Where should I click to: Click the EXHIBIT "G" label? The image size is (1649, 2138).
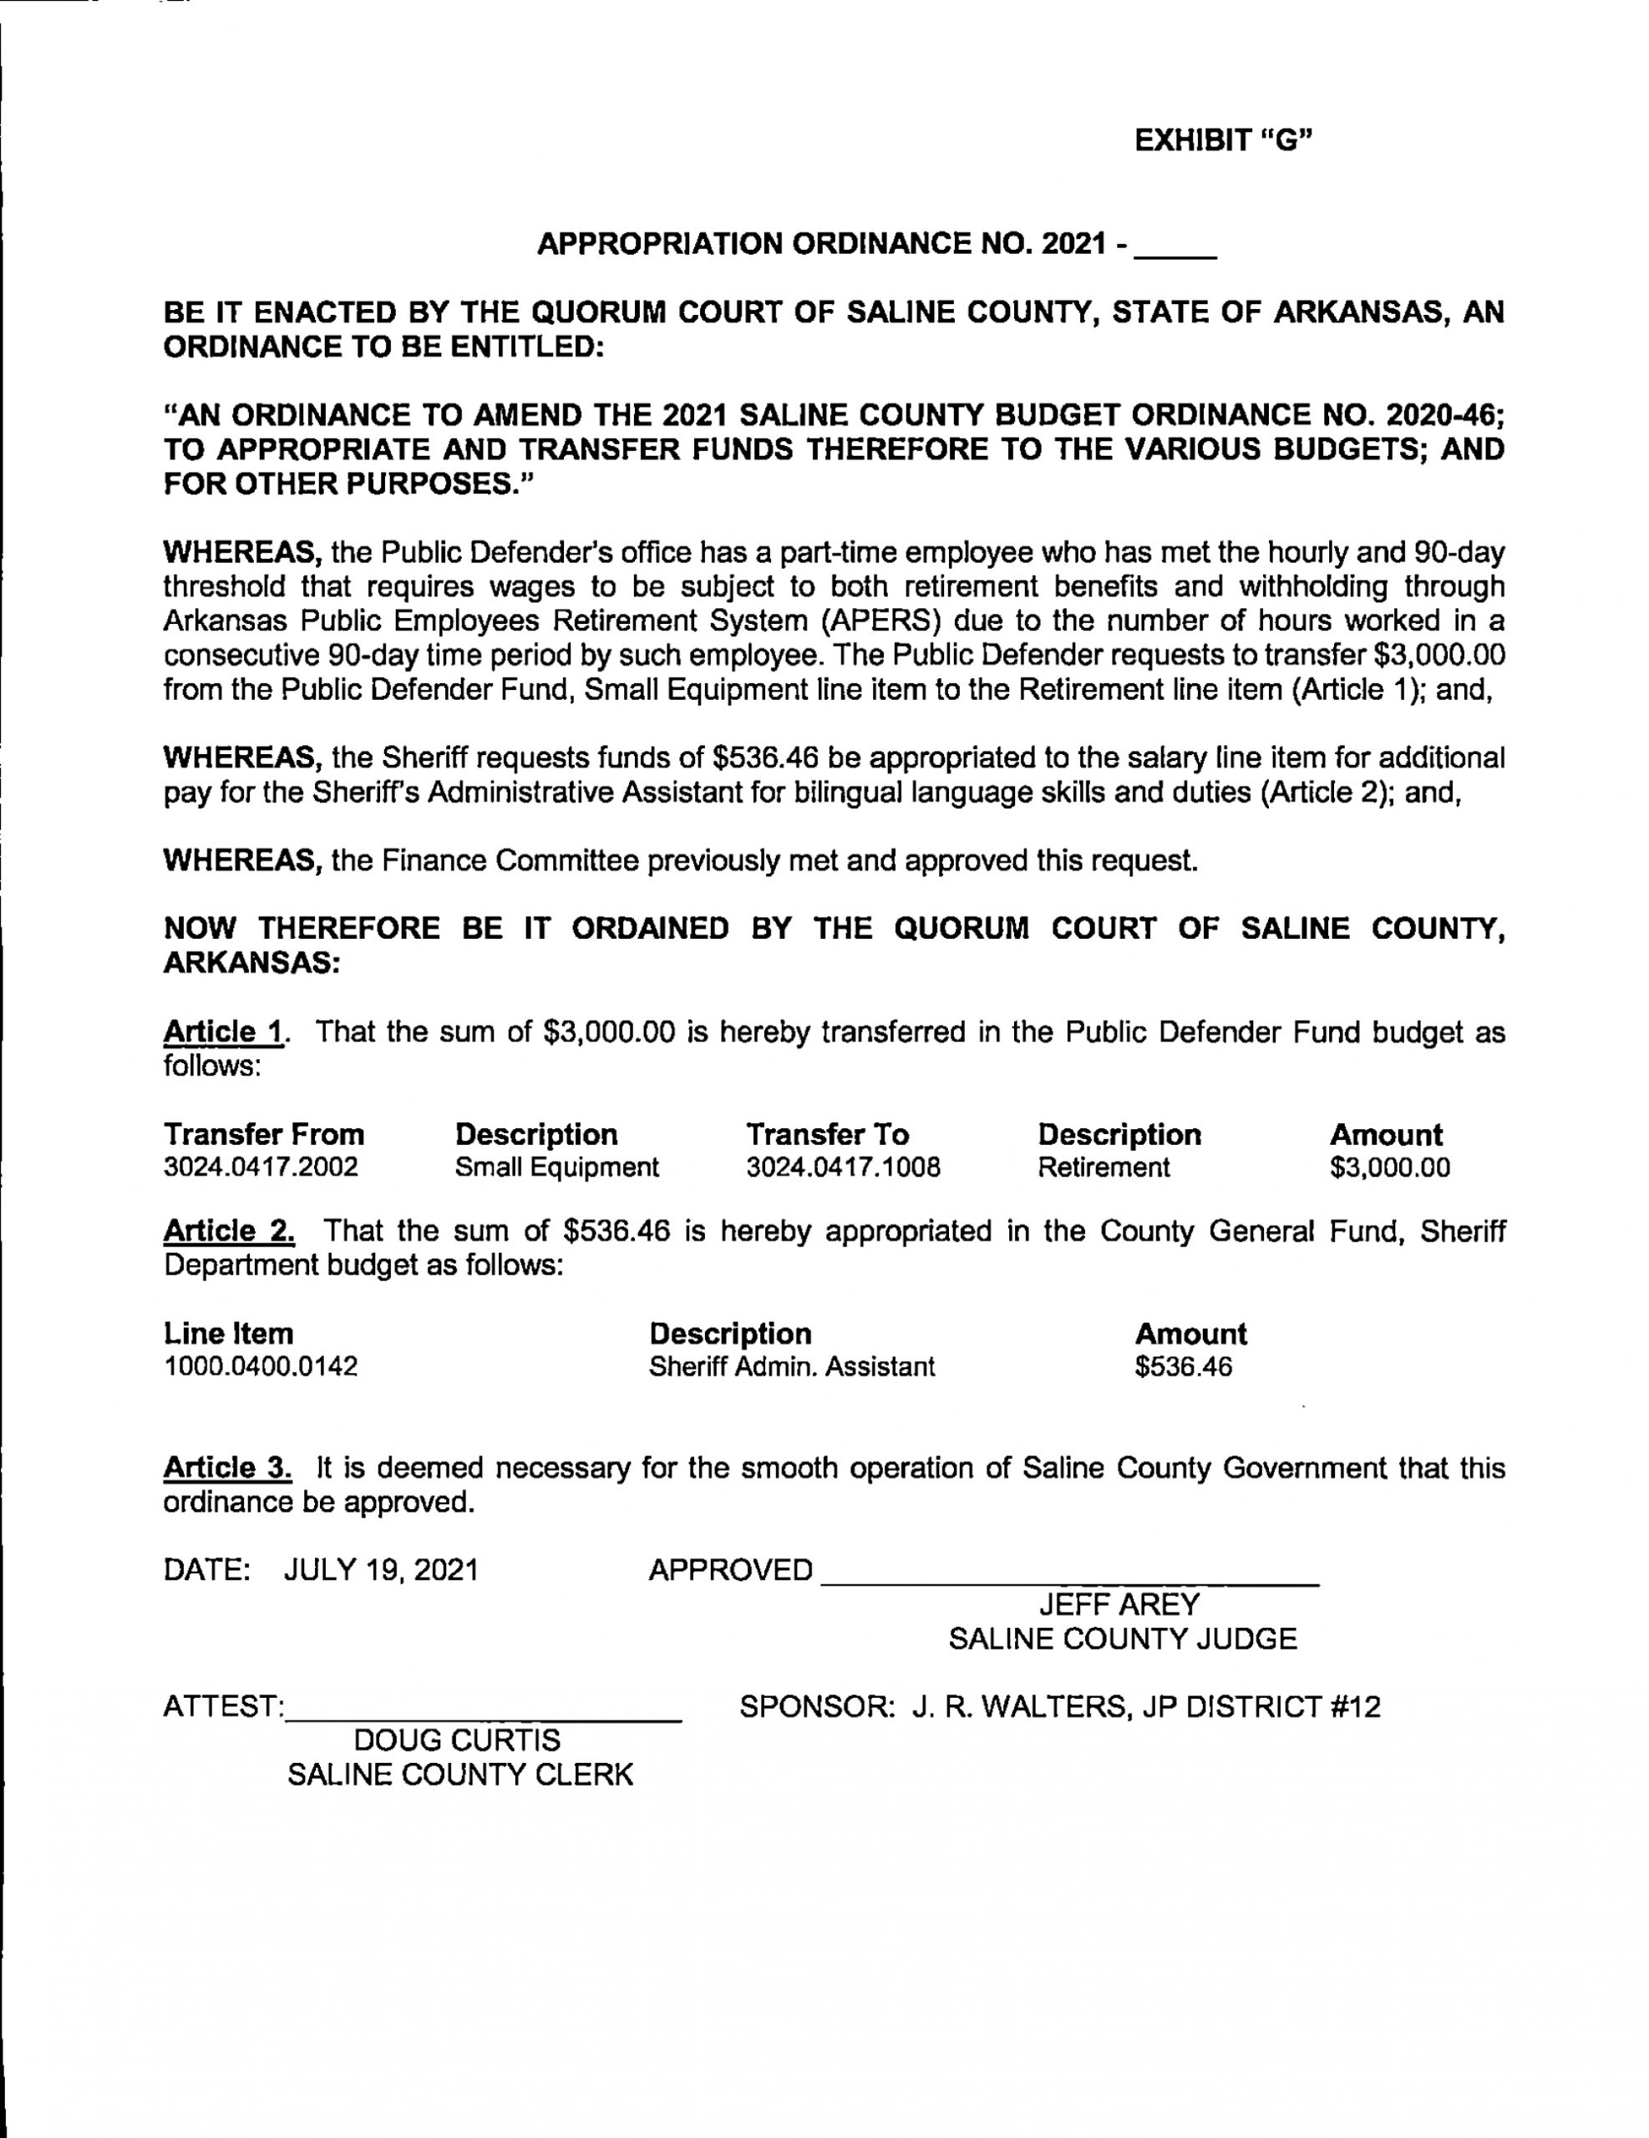point(1222,141)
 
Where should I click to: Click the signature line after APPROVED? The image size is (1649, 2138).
point(1069,1576)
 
